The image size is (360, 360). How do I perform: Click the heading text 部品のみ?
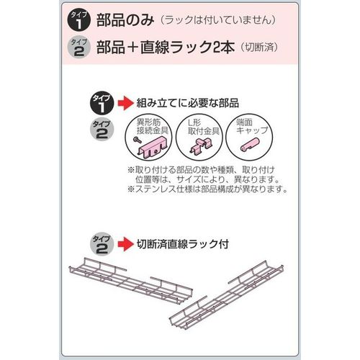coord(125,20)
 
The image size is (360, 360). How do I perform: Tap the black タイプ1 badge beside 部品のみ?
coord(79,21)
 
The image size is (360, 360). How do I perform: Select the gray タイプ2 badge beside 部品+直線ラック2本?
coord(79,48)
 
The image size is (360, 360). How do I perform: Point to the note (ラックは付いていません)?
coord(218,20)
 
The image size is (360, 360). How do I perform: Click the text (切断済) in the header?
coord(259,47)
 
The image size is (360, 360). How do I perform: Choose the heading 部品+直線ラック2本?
coord(166,47)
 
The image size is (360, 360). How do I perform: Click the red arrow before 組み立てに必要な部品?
coord(125,103)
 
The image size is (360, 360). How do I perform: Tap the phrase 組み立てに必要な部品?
coord(188,103)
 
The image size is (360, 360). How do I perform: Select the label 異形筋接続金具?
coord(152,127)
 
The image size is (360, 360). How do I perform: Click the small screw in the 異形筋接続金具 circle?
coord(138,140)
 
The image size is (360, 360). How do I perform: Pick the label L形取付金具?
coord(204,127)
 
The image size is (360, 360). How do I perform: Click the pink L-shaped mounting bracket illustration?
coord(199,146)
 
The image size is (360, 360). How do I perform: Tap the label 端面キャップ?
coord(252,127)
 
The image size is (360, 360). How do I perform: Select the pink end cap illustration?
coord(249,145)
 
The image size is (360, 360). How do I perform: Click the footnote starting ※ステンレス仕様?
coord(207,189)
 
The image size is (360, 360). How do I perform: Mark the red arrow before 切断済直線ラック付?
coord(125,244)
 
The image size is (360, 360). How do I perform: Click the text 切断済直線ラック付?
coord(183,244)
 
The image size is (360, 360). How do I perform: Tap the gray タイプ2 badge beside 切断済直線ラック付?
coord(102,245)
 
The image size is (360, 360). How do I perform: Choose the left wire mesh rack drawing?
coord(131,281)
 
